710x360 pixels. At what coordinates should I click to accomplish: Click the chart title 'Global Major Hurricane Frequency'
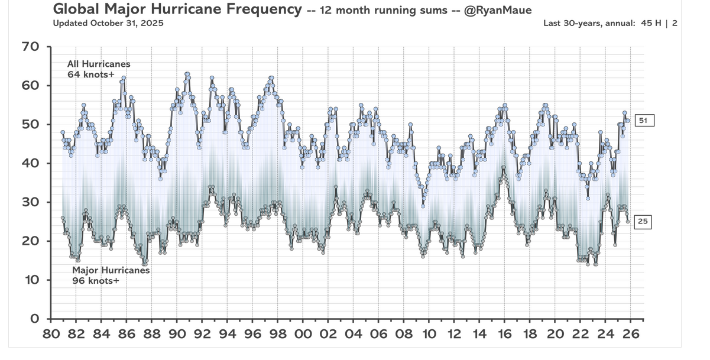pos(177,9)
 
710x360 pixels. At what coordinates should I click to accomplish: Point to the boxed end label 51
pos(644,121)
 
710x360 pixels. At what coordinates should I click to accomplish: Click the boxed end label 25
pos(643,222)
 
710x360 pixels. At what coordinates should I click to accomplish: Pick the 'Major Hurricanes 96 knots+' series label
pos(111,275)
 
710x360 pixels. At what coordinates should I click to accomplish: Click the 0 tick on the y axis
pos(34,319)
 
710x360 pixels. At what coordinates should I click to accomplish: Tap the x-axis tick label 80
pos(51,334)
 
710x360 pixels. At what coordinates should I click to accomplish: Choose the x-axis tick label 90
pos(177,334)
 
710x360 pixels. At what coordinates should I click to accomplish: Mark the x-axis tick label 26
pos(631,334)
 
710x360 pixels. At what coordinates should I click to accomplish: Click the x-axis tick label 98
pos(278,334)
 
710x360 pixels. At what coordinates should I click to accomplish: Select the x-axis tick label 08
pos(404,334)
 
